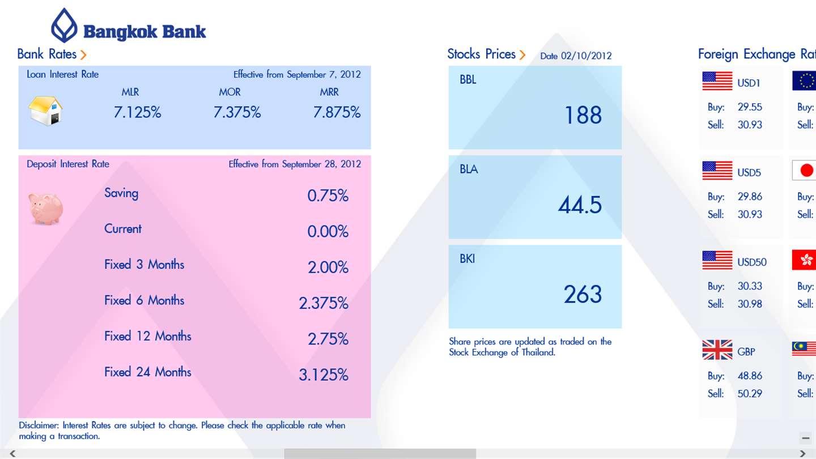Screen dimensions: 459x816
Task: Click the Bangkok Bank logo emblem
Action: pos(64,25)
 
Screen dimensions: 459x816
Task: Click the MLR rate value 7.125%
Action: pos(137,112)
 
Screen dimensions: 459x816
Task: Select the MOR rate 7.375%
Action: pos(237,112)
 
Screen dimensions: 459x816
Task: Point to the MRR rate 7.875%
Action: pos(337,112)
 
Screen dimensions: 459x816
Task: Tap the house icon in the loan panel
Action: pos(45,110)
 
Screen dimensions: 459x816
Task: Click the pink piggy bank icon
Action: pos(46,209)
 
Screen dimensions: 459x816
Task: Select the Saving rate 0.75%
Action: pos(328,195)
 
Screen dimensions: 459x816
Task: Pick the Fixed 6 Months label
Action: pos(144,300)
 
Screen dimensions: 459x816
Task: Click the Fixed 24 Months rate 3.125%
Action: pos(324,375)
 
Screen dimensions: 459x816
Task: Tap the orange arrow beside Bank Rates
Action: pos(83,55)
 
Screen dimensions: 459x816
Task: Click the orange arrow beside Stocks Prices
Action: pos(522,55)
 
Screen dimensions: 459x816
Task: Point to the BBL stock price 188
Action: pos(583,116)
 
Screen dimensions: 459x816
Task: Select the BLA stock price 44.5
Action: pos(580,205)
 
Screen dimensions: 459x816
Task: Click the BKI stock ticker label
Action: pos(467,259)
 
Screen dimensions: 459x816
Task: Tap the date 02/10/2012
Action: pos(586,56)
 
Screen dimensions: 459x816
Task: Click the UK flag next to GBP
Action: pos(717,350)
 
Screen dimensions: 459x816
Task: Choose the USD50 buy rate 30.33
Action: pos(750,286)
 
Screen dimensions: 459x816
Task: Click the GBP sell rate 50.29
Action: pos(750,393)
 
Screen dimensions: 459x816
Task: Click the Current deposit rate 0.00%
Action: pos(328,231)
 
